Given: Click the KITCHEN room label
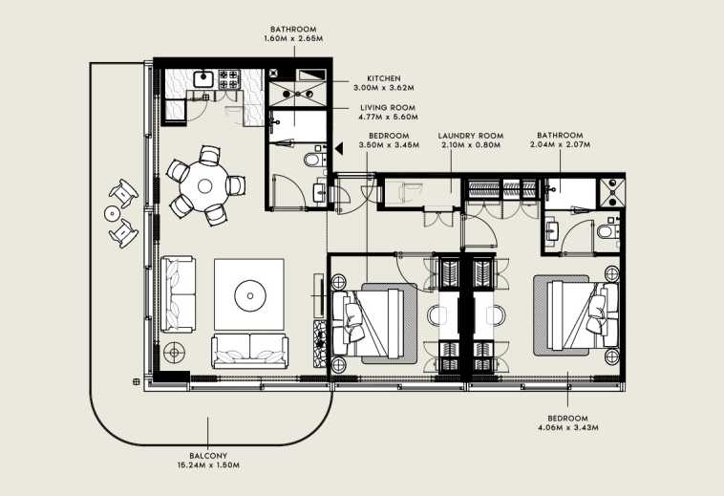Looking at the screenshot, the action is pyautogui.click(x=384, y=78).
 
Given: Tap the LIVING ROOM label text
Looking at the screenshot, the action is pyautogui.click(x=388, y=108).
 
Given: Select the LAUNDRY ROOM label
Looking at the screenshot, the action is pyautogui.click(x=471, y=136).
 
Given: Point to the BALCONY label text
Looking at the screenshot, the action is pyautogui.click(x=208, y=456).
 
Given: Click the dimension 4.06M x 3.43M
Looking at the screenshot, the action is pyautogui.click(x=568, y=427).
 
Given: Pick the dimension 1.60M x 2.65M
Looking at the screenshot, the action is pyautogui.click(x=293, y=39).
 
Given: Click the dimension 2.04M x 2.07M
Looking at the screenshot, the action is pyautogui.click(x=560, y=144).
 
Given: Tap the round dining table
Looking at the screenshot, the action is pyautogui.click(x=204, y=186).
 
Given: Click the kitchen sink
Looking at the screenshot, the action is pyautogui.click(x=203, y=79).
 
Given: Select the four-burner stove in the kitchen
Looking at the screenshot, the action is pyautogui.click(x=229, y=79).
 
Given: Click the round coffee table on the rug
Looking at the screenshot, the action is pyautogui.click(x=250, y=295).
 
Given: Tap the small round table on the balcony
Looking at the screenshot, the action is pyautogui.click(x=112, y=213).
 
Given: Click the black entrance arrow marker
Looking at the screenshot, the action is pyautogui.click(x=339, y=148).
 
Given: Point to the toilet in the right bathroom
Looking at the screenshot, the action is pyautogui.click(x=607, y=231).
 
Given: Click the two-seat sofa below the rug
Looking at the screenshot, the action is pyautogui.click(x=250, y=352).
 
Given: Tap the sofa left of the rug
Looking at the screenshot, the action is pyautogui.click(x=178, y=294).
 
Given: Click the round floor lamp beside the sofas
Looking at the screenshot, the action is pyautogui.click(x=174, y=353).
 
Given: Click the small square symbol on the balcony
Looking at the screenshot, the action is pyautogui.click(x=137, y=381).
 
